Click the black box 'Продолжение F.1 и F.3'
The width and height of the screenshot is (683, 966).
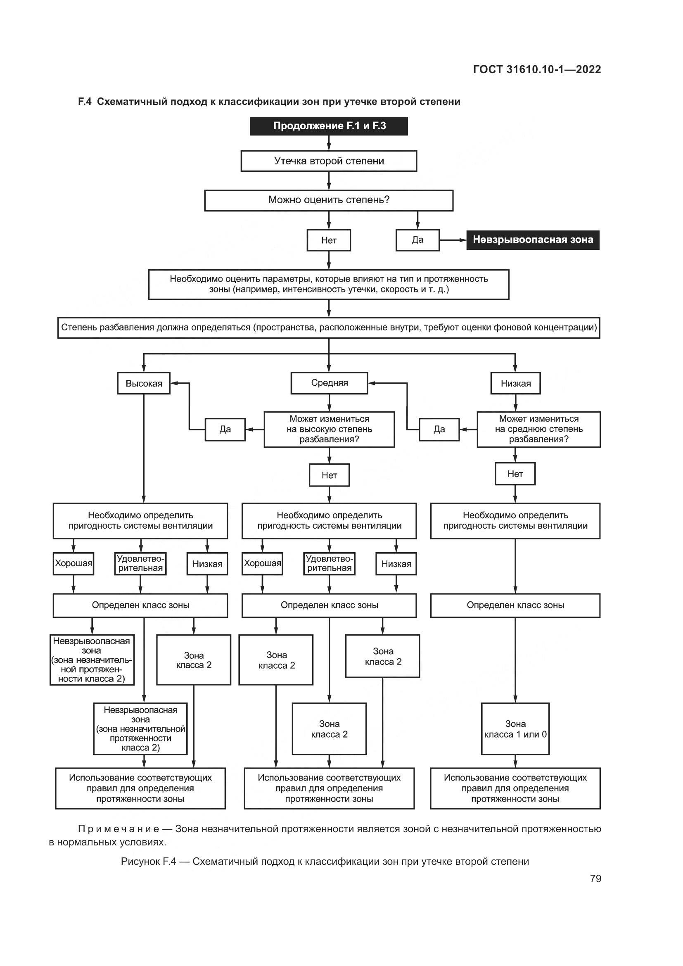(328, 126)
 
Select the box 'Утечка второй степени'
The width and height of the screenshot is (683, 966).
(328, 161)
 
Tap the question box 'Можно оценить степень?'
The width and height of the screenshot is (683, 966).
(328, 200)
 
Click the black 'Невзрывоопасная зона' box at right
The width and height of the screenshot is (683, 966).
(532, 240)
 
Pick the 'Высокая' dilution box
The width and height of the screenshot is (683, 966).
(144, 383)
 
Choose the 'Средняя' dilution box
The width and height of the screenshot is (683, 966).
(329, 383)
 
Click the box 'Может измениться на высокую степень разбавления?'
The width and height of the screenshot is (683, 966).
(329, 429)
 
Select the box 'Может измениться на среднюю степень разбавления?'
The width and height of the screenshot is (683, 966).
(538, 429)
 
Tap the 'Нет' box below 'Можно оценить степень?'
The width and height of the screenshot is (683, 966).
(328, 240)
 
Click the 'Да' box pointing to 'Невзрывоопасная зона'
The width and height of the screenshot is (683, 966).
(417, 240)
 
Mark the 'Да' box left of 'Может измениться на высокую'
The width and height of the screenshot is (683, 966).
(225, 429)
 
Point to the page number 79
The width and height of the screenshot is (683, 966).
(595, 879)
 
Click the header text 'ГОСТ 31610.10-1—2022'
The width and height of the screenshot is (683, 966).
(537, 69)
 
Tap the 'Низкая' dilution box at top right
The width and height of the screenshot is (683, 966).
(516, 383)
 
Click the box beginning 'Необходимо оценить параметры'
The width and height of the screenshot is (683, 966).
(328, 285)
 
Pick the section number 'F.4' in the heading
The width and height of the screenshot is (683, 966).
(85, 102)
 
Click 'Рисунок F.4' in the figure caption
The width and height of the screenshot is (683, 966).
(148, 862)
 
